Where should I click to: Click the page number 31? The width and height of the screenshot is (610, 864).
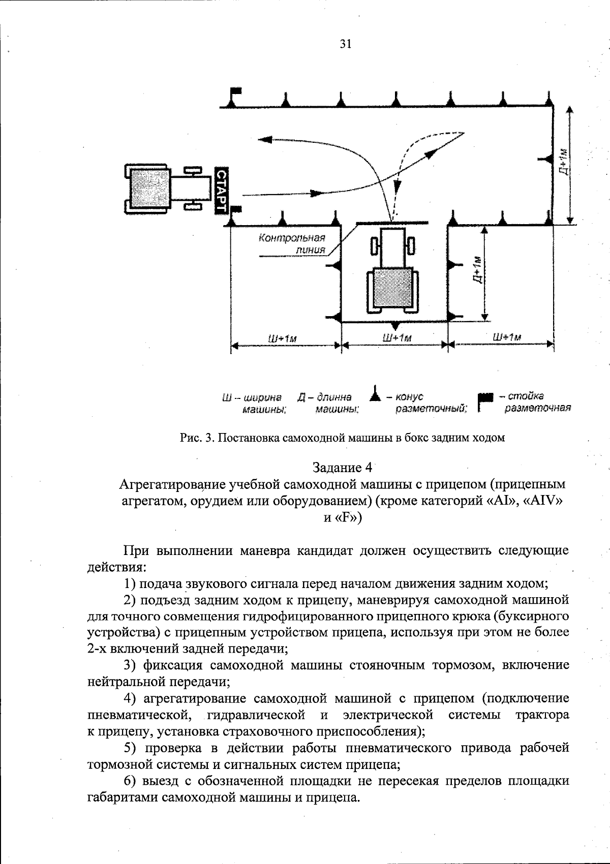(345, 44)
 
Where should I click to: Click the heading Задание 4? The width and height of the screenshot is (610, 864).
(343, 467)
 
